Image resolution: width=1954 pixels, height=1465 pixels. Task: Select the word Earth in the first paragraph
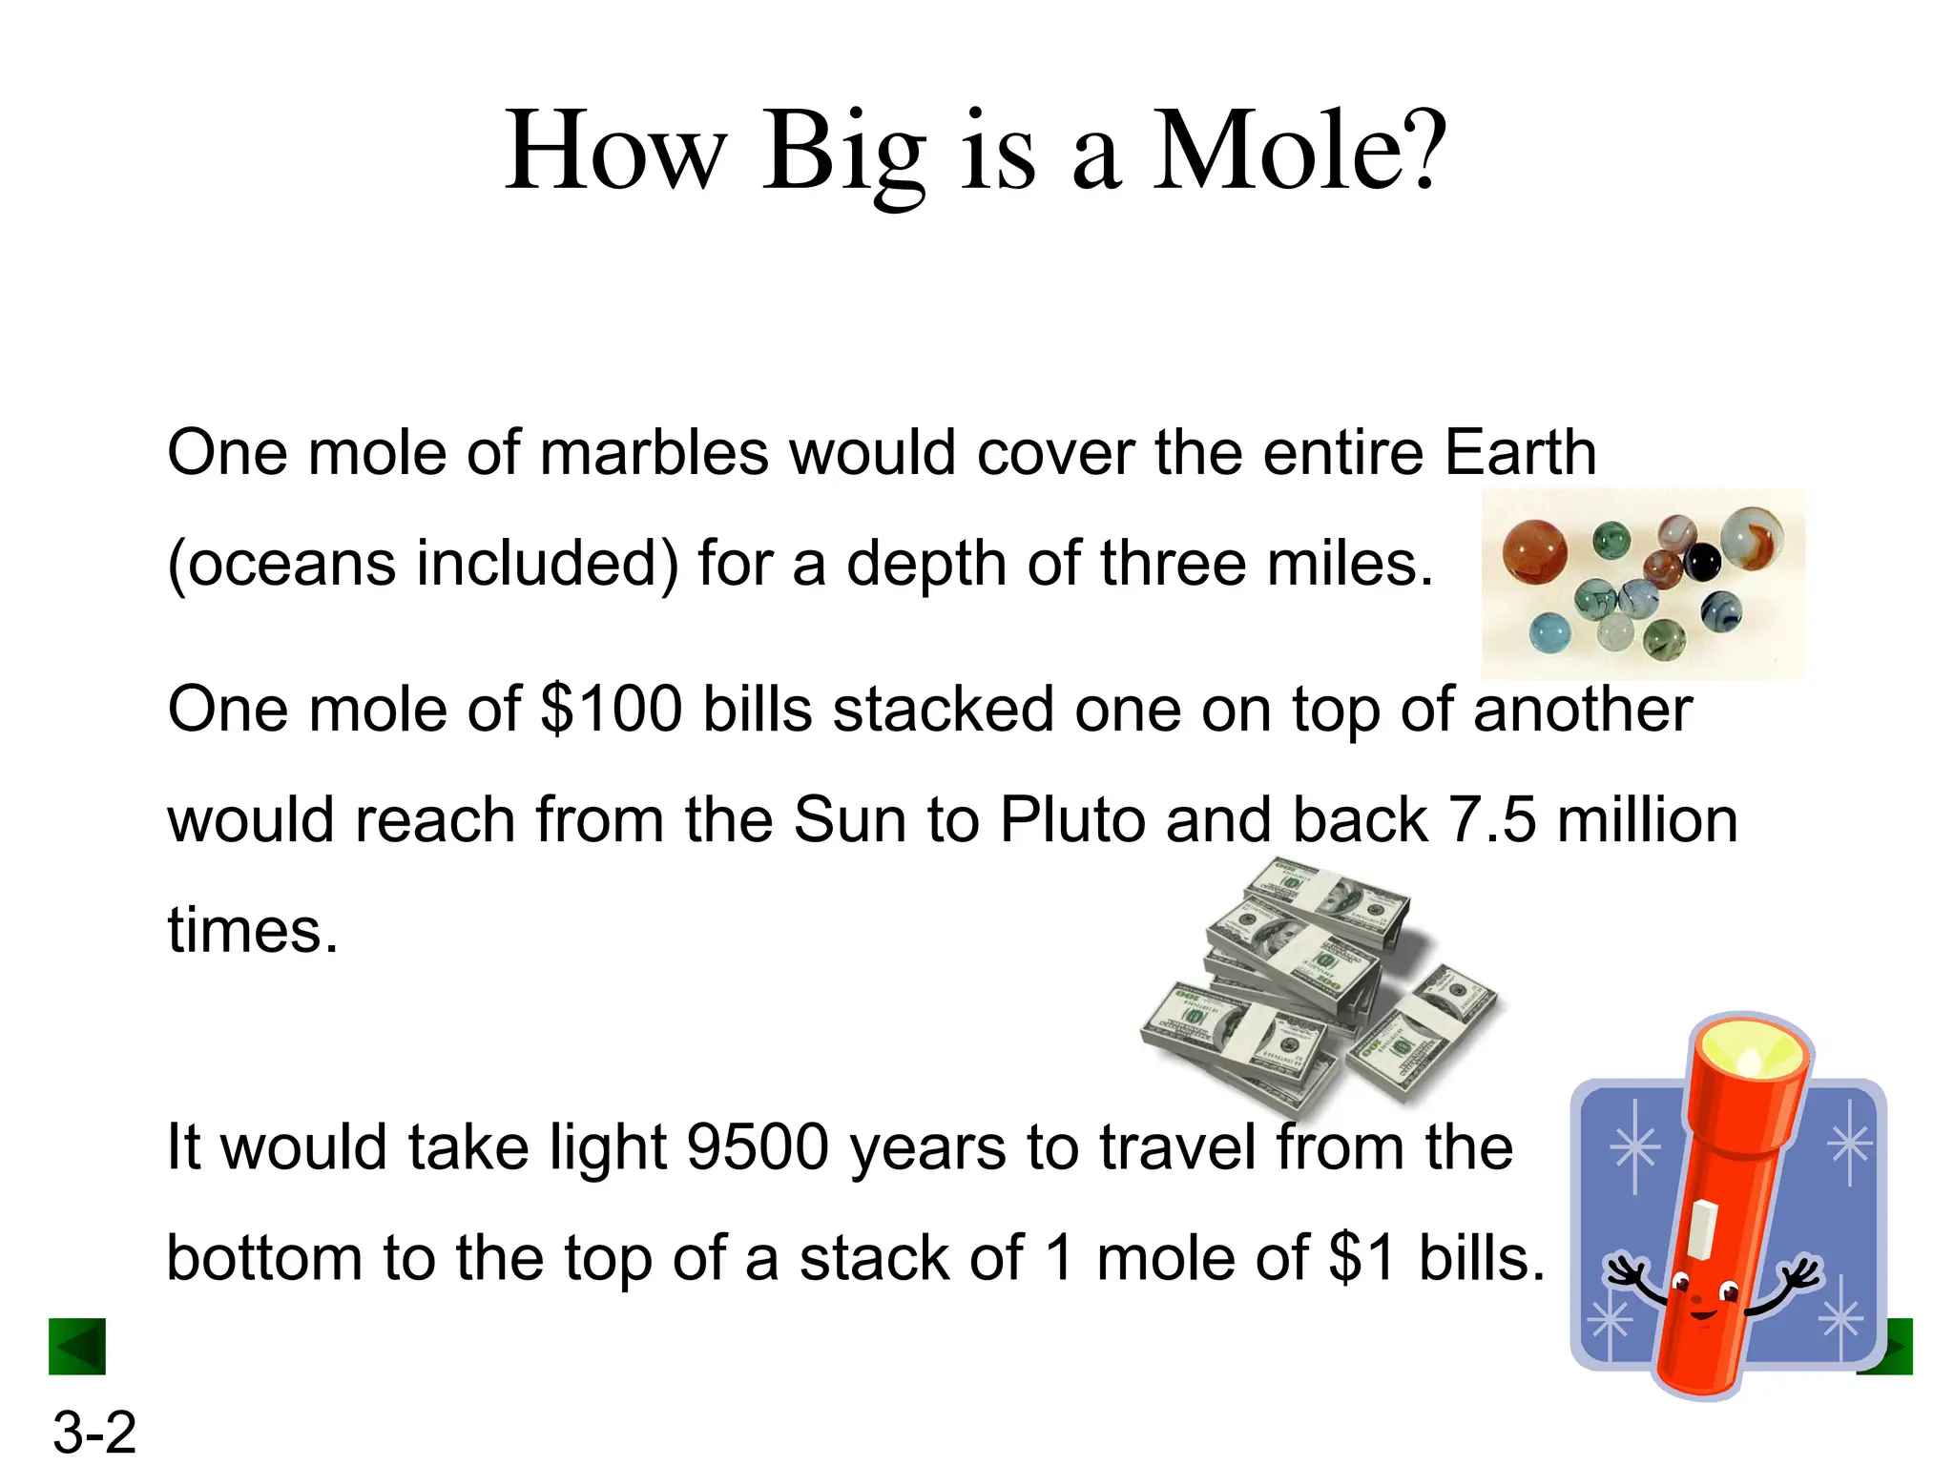click(x=1519, y=452)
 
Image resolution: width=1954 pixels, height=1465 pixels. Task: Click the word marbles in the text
click(x=654, y=452)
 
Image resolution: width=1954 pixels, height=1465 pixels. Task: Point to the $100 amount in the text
click(x=611, y=710)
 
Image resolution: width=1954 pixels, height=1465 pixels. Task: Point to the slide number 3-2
click(x=94, y=1432)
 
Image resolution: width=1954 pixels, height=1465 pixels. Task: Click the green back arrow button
click(x=77, y=1347)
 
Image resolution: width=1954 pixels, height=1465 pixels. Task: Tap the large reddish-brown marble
click(x=1535, y=551)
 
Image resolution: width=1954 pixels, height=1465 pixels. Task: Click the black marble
click(x=1700, y=563)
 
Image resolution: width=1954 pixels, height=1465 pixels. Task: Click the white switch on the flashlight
click(x=1701, y=1228)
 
